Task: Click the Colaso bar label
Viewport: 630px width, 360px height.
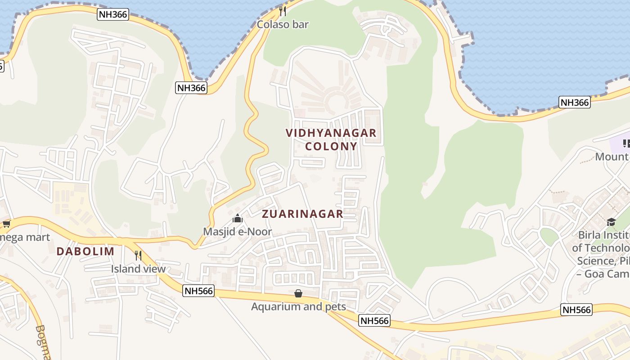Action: click(283, 24)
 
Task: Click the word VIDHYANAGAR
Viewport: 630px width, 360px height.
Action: click(331, 133)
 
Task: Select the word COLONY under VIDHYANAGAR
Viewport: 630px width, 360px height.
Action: click(331, 146)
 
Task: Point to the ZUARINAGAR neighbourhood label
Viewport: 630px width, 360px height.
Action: click(302, 214)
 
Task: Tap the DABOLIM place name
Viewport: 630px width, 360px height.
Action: click(85, 252)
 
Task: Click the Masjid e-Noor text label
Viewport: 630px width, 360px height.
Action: click(238, 232)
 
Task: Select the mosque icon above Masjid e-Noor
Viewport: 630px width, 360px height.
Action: click(238, 219)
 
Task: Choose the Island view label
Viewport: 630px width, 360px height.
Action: click(139, 269)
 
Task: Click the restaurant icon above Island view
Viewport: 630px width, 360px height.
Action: click(138, 256)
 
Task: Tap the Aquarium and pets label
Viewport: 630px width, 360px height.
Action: click(298, 307)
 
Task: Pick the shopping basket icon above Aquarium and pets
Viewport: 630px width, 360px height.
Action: click(298, 294)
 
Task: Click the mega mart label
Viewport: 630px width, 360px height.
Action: click(25, 237)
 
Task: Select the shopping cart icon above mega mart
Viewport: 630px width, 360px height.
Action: click(6, 224)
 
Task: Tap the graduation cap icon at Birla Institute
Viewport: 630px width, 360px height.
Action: click(611, 222)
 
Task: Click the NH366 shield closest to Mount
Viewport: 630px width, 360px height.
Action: click(575, 103)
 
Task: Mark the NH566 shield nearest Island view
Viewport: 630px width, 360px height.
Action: click(198, 291)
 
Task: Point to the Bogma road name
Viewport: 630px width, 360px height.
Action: click(43, 342)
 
